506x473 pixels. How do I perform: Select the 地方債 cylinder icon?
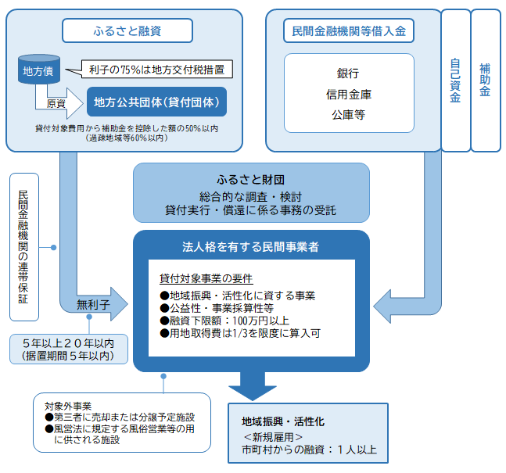(34, 72)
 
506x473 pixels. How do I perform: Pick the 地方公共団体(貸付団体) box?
(155, 102)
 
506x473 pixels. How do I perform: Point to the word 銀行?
(348, 72)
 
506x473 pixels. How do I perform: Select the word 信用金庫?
(348, 93)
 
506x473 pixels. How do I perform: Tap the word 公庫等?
(348, 114)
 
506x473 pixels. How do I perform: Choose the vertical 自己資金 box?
(455, 81)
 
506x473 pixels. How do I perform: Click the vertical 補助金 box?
(485, 81)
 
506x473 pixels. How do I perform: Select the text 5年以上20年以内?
(70, 342)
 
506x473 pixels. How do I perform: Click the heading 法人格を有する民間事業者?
(250, 246)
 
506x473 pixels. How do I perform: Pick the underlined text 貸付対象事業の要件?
(206, 278)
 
